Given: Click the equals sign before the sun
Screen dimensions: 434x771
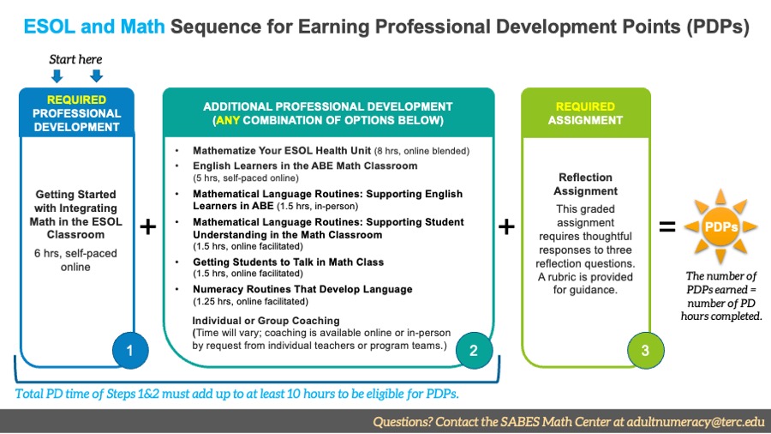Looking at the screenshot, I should [x=666, y=227].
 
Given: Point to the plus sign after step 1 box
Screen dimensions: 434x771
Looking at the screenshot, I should [x=148, y=227].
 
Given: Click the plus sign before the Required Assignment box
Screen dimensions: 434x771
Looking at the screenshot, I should [x=507, y=227].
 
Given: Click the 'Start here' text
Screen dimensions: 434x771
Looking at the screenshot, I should [x=76, y=59].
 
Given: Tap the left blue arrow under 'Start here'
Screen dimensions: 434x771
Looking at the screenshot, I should [x=57, y=75].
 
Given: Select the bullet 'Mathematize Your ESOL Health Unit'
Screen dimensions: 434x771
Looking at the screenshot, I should [x=270, y=150].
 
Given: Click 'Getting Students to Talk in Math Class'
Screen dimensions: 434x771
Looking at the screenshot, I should [x=288, y=262].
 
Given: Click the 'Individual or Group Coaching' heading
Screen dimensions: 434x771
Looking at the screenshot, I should [x=266, y=320].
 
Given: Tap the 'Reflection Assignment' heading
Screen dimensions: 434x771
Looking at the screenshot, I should [x=586, y=184].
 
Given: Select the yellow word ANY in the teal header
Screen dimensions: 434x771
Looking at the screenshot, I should [x=228, y=120].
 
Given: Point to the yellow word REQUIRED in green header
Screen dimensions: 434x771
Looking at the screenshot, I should [x=585, y=106].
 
